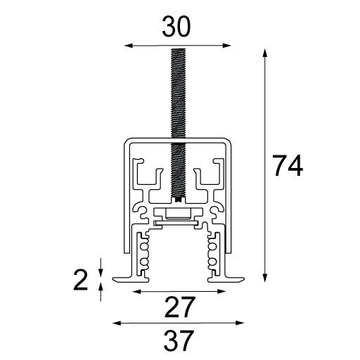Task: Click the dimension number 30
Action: click(176, 27)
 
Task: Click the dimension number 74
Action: click(288, 165)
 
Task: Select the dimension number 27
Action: click(179, 307)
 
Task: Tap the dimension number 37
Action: click(179, 340)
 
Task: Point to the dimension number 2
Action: click(80, 280)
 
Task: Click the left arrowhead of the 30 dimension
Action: click(129, 46)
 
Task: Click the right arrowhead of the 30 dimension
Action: click(226, 46)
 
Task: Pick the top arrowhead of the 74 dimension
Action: click(265, 53)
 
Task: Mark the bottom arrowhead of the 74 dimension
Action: click(265, 278)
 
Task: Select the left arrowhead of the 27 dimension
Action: click(137, 292)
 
